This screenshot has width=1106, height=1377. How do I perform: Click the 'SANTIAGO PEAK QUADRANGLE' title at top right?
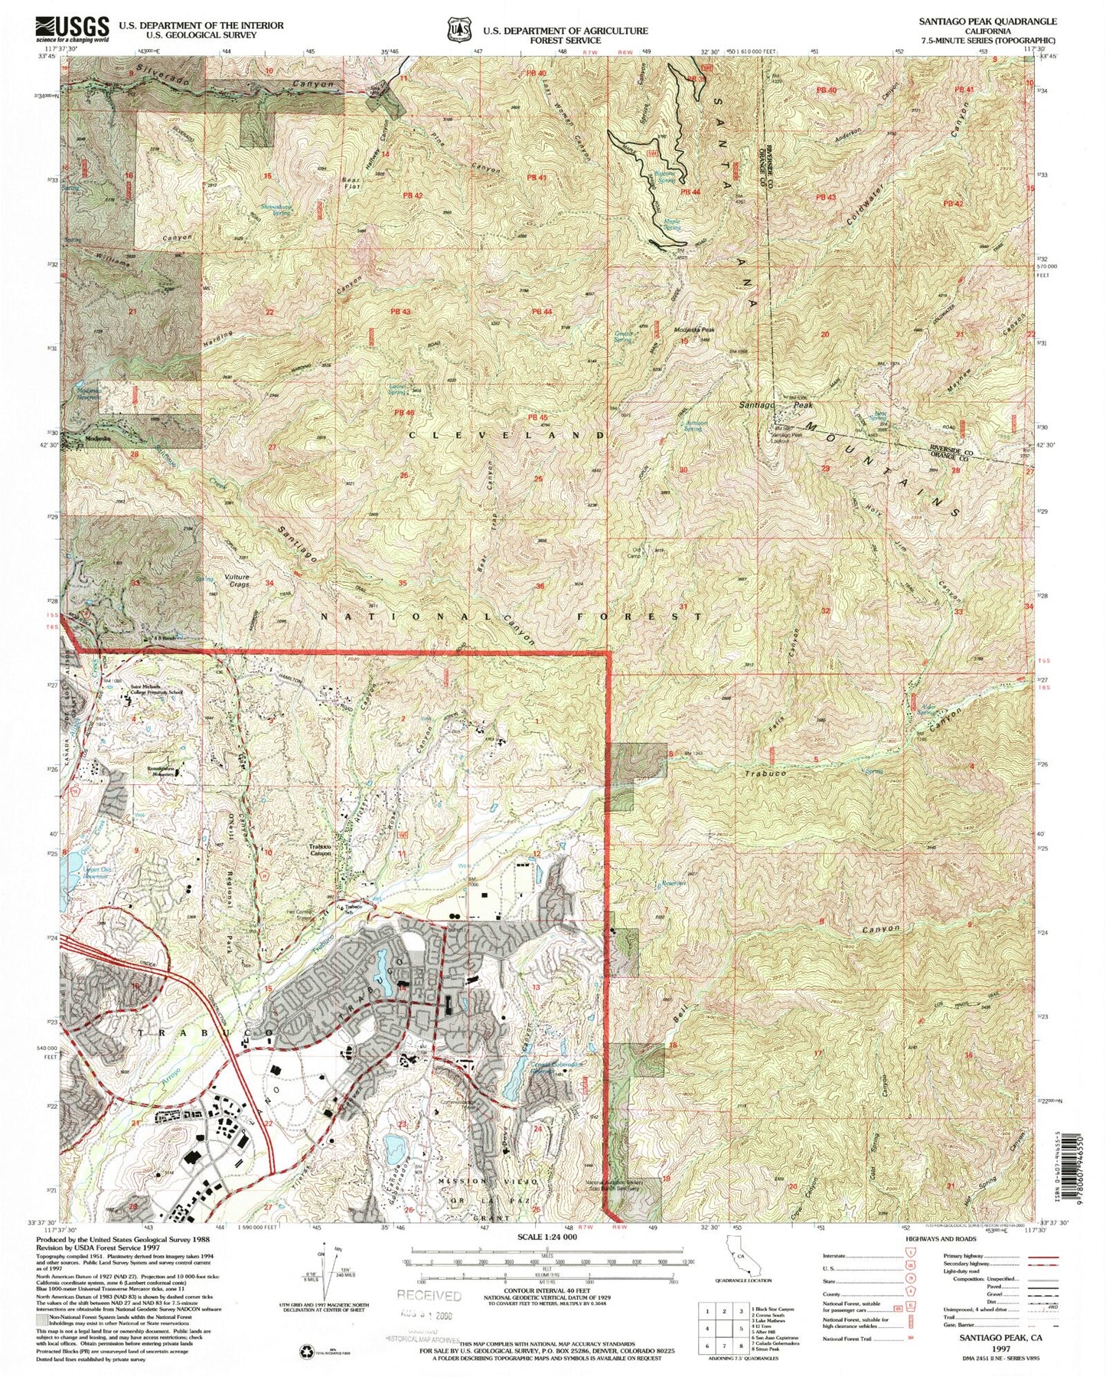tap(988, 22)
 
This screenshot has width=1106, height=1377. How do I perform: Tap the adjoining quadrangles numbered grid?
tap(722, 1327)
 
